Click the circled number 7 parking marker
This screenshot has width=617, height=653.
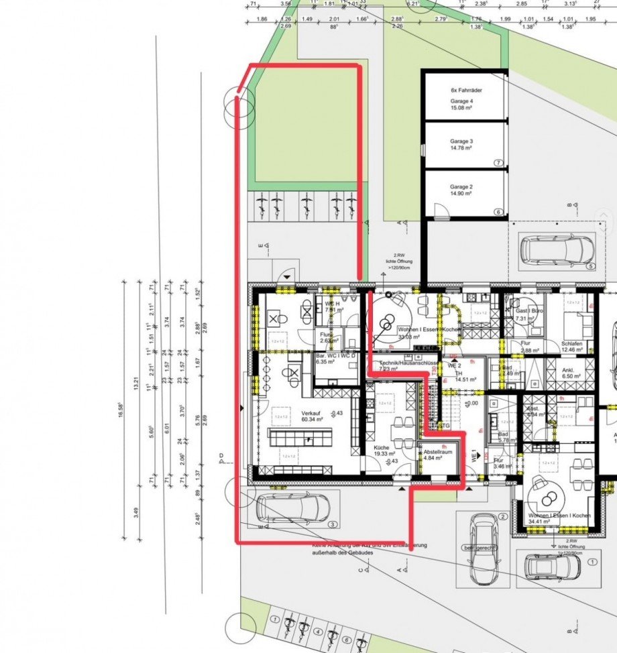498,163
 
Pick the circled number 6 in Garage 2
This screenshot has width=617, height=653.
498,212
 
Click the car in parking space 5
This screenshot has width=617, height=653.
557,250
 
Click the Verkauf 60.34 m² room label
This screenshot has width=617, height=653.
313,416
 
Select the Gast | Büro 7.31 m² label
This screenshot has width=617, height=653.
529,315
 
